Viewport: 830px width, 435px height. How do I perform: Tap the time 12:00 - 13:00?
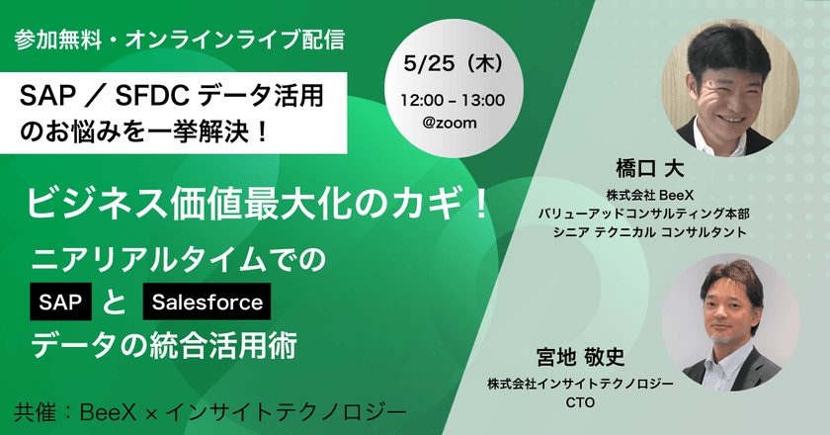coord(454,100)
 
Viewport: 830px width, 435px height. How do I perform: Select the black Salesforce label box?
coord(207,302)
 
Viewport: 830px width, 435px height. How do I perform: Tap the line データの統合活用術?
coord(163,347)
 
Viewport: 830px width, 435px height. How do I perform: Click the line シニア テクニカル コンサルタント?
coord(648,232)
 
